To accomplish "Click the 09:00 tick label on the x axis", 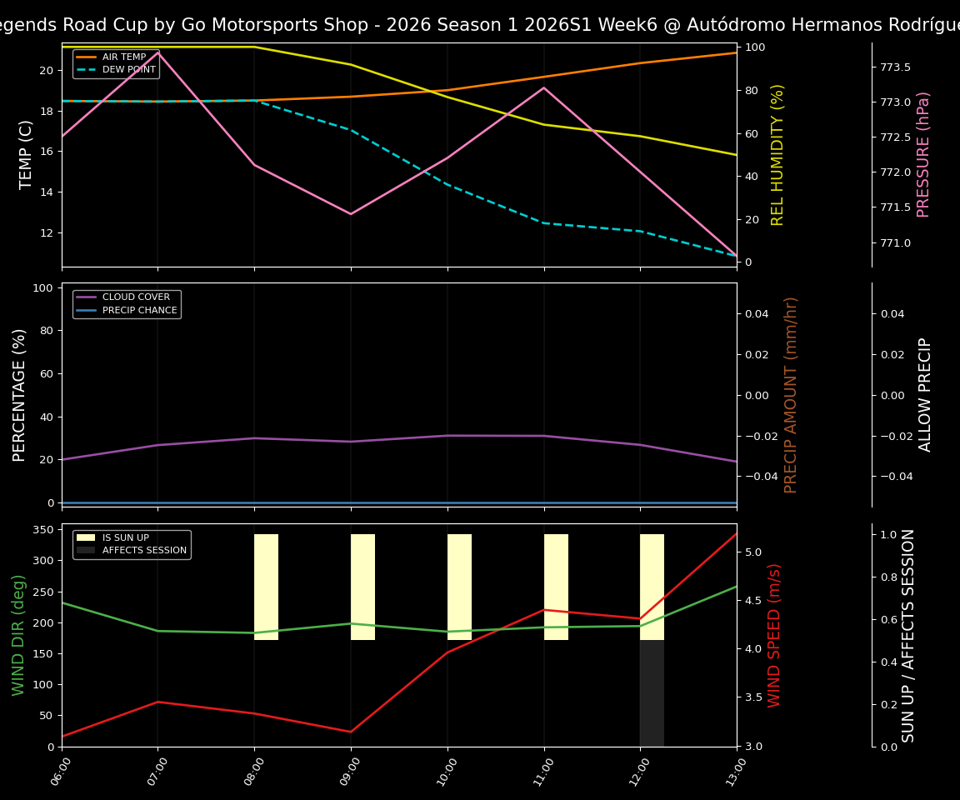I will click(344, 771).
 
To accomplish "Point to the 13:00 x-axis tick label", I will click(730, 771).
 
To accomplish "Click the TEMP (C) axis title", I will click(27, 154).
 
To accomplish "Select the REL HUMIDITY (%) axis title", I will click(777, 154).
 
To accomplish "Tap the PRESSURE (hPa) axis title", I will click(923, 154).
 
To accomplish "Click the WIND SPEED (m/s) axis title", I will click(775, 635).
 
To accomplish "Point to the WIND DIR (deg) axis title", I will click(18, 635).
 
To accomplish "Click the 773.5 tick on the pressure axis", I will click(895, 67).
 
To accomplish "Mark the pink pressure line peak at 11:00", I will click(544, 87).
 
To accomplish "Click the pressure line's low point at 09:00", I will click(351, 214).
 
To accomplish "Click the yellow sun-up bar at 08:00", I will click(266, 587).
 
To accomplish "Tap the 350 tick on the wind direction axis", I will click(42, 530).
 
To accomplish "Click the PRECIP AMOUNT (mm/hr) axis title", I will click(792, 395).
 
